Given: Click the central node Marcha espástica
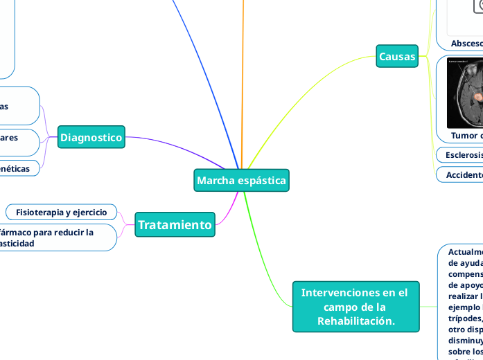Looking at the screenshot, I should [241, 181].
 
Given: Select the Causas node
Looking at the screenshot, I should [397, 56].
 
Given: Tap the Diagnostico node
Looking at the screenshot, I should [91, 138].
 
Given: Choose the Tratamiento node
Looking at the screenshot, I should [175, 224].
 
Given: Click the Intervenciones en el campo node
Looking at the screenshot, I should [355, 307].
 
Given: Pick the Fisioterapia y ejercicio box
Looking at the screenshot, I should [61, 212].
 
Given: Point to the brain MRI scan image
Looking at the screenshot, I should [465, 93].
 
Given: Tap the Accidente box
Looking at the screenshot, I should [463, 174].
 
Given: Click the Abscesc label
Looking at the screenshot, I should [466, 44].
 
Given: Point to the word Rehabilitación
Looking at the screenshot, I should [355, 321].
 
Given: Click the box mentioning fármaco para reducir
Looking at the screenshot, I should [55, 237].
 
